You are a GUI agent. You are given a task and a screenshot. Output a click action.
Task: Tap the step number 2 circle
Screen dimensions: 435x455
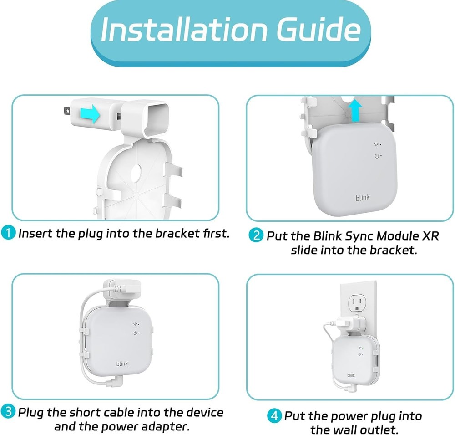pyautogui.click(x=257, y=235)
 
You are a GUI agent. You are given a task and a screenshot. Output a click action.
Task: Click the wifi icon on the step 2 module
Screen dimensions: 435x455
pyautogui.click(x=376, y=145)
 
